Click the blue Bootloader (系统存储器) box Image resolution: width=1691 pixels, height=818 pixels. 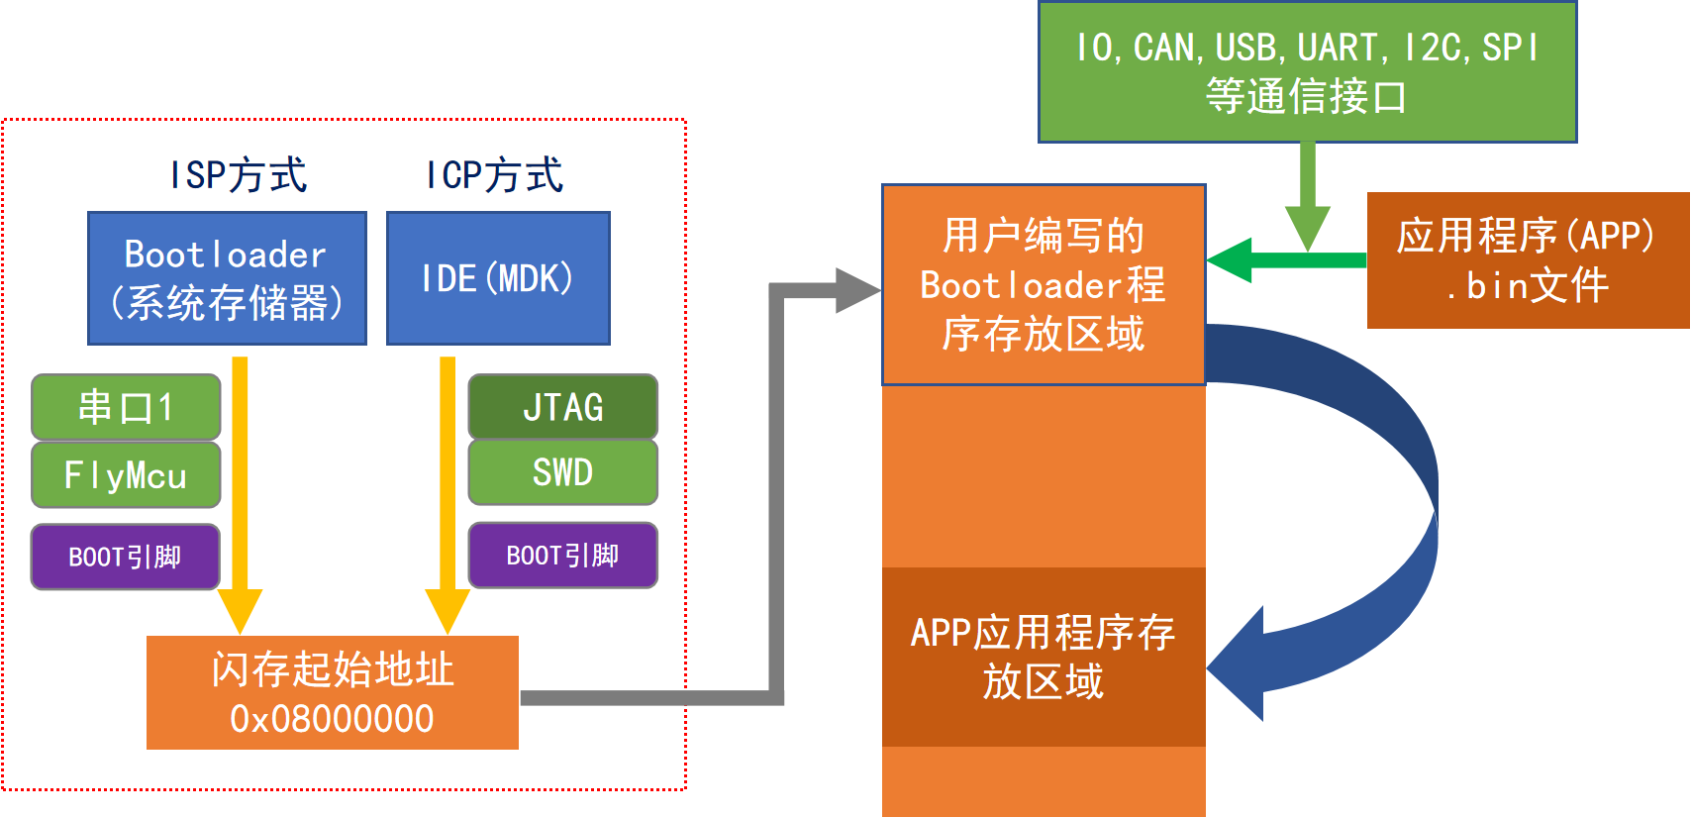tap(227, 278)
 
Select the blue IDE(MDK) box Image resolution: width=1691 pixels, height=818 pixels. tap(498, 278)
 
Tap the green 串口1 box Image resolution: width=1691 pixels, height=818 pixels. tap(126, 407)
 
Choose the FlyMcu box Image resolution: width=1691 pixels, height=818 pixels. tap(126, 474)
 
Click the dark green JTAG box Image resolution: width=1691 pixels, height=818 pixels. tap(562, 407)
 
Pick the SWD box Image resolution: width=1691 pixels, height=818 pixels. tap(562, 472)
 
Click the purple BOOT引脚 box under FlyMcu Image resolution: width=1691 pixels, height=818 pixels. tap(126, 557)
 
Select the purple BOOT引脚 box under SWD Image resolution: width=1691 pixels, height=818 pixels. tap(562, 556)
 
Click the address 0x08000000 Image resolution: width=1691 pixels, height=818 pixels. tap(332, 719)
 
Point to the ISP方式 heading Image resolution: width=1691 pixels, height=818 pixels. tap(239, 175)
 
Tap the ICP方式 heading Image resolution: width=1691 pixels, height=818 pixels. tap(494, 175)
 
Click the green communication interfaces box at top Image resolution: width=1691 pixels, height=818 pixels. tap(1307, 72)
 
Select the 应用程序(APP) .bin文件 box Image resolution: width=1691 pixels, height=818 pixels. tap(1528, 260)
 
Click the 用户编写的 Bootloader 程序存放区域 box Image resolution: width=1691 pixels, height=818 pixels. tap(1044, 285)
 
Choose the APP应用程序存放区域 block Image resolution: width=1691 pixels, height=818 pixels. tap(1044, 657)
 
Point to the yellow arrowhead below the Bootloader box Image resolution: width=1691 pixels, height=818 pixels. tap(240, 608)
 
